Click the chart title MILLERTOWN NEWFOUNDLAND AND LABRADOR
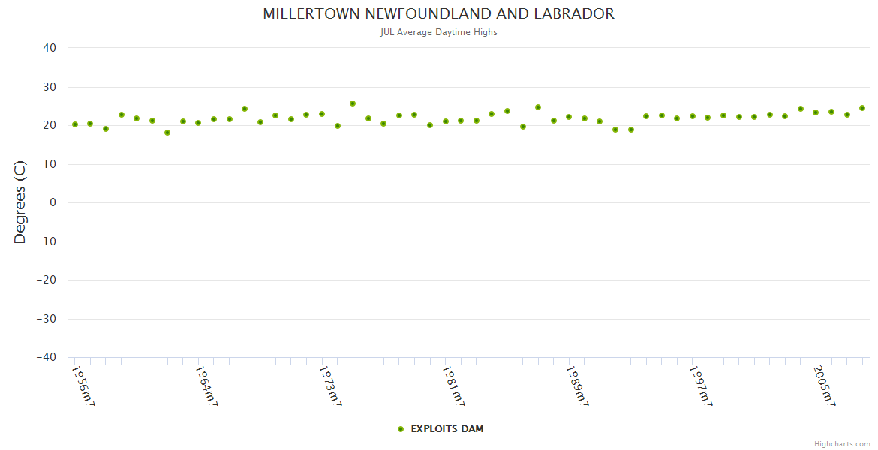click(438, 14)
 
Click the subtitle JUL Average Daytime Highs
click(438, 32)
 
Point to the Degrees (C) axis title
click(20, 202)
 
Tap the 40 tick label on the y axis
click(50, 48)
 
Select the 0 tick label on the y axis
click(53, 202)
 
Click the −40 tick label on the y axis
click(46, 358)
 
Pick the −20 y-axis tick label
click(46, 280)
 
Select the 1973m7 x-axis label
click(330, 385)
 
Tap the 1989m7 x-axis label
click(576, 385)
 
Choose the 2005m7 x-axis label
click(824, 385)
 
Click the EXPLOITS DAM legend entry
click(441, 429)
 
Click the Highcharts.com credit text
click(842, 444)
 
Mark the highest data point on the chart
click(353, 103)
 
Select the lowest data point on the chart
click(167, 133)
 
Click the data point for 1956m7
click(75, 124)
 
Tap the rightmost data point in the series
click(862, 108)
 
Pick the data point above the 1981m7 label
click(446, 121)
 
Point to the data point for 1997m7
click(693, 116)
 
